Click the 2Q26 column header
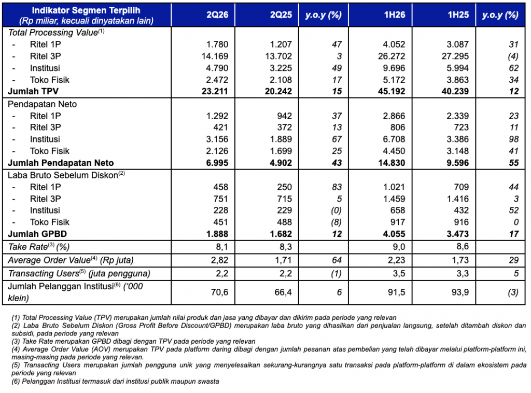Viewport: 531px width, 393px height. click(217, 15)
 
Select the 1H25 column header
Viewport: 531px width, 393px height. click(458, 15)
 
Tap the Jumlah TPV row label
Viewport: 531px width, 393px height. click(33, 91)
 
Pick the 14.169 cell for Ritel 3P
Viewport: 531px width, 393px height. click(215, 56)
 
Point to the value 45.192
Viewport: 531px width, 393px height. click(392, 91)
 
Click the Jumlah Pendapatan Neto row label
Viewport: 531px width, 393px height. click(61, 163)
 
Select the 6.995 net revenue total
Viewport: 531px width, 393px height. click(217, 163)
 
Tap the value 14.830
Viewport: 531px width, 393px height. click(392, 163)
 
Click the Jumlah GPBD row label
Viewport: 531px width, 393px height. click(37, 234)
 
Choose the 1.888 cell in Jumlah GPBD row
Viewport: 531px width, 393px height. click(217, 234)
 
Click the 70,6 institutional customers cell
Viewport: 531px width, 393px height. click(219, 292)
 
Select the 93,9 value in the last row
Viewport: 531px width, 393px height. click(460, 292)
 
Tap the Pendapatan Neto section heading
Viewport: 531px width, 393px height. click(43, 104)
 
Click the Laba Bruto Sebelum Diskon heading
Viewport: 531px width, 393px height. click(66, 175)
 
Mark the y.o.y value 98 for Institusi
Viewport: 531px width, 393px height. click(514, 139)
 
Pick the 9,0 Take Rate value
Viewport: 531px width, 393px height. click(399, 247)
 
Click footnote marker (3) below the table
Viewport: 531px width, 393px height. click(16, 341)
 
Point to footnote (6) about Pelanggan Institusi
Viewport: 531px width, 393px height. click(115, 381)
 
